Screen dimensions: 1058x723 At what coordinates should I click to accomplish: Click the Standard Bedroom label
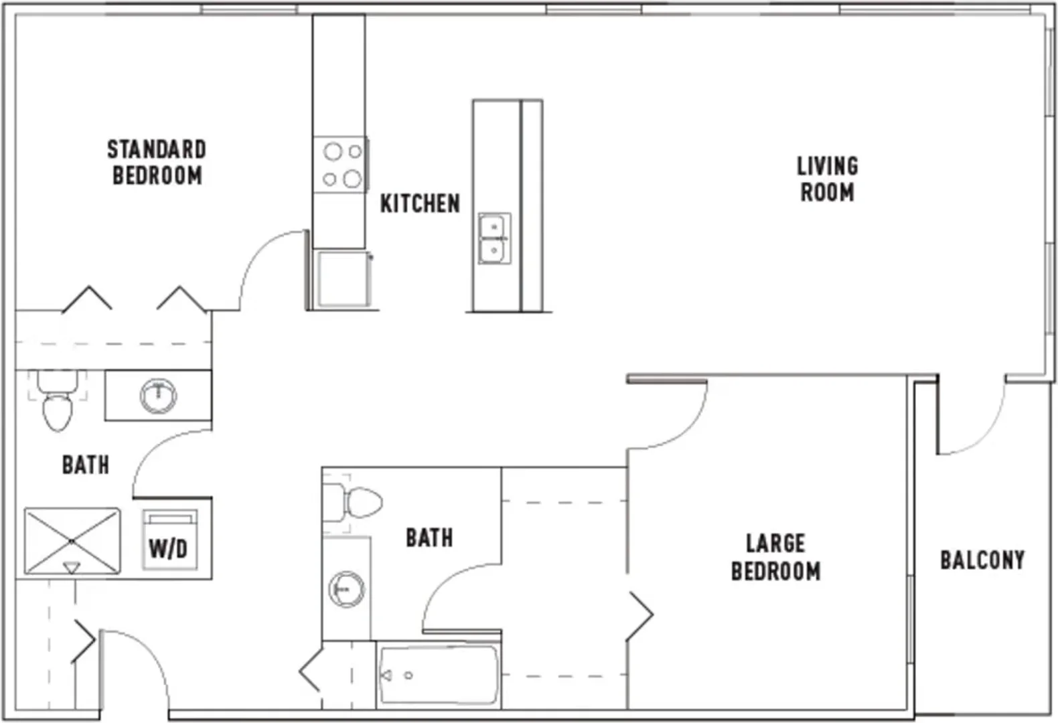point(157,162)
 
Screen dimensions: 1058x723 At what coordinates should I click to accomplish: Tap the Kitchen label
point(420,204)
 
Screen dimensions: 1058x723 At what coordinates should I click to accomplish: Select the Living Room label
point(828,179)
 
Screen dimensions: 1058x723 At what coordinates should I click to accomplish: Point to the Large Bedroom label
point(775,557)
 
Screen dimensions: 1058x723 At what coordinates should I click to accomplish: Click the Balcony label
point(982,560)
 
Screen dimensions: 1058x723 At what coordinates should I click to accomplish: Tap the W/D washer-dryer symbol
point(169,540)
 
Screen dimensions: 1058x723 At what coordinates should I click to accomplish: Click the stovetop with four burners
point(340,165)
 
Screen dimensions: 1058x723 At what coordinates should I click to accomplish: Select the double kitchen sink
point(494,238)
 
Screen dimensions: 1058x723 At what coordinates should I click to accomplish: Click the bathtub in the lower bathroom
point(439,675)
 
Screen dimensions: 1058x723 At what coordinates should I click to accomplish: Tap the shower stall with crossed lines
point(72,541)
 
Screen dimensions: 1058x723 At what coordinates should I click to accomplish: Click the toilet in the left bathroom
point(58,400)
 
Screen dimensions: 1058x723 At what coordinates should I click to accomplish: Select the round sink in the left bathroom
point(158,395)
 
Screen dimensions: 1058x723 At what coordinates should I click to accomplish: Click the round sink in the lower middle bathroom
point(347,589)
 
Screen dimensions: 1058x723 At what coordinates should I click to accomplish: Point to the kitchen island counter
point(508,206)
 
